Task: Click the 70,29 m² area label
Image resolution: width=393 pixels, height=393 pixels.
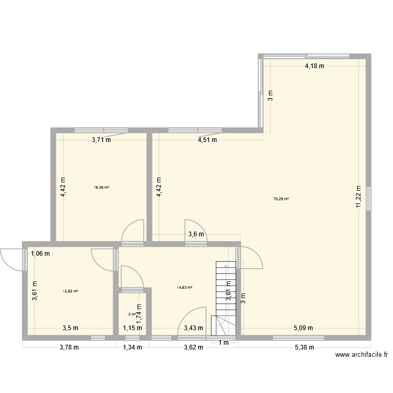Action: pos(281,199)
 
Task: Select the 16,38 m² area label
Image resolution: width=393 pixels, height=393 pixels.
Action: pos(102,187)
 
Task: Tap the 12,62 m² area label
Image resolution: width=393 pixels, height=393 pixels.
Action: pos(70,291)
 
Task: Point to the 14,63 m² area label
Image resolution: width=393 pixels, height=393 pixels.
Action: pos(185,287)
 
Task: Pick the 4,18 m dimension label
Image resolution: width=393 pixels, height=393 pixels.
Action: pos(315,66)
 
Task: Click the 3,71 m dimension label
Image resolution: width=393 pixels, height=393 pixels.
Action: pos(101,140)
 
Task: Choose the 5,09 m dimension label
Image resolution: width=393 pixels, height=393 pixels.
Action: pos(303,329)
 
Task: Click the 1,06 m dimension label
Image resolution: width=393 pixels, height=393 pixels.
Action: pos(40,254)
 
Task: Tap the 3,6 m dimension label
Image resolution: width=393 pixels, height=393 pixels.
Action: pos(196,234)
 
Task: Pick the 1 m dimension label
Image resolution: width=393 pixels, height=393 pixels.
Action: pos(224,343)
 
